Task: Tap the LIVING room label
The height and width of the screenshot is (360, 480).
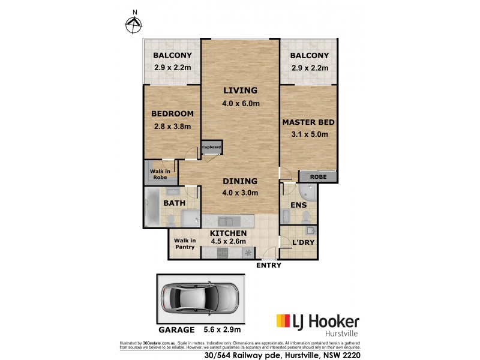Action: pyautogui.click(x=240, y=91)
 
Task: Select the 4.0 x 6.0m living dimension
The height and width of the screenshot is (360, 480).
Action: pyautogui.click(x=240, y=103)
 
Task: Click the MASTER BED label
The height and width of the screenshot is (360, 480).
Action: pyautogui.click(x=308, y=122)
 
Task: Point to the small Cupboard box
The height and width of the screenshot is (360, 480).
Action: pyautogui.click(x=212, y=147)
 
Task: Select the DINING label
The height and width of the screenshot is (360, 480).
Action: pyautogui.click(x=240, y=181)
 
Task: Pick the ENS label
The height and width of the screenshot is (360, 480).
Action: pyautogui.click(x=298, y=205)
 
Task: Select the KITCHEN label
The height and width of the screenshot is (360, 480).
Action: pyautogui.click(x=228, y=233)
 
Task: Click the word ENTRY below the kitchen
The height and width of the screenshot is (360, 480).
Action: pyautogui.click(x=268, y=265)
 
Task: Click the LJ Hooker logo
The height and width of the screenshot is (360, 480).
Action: pyautogui.click(x=317, y=322)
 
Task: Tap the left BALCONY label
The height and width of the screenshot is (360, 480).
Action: pyautogui.click(x=172, y=56)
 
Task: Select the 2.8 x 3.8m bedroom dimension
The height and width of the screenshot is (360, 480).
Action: pyautogui.click(x=171, y=126)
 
